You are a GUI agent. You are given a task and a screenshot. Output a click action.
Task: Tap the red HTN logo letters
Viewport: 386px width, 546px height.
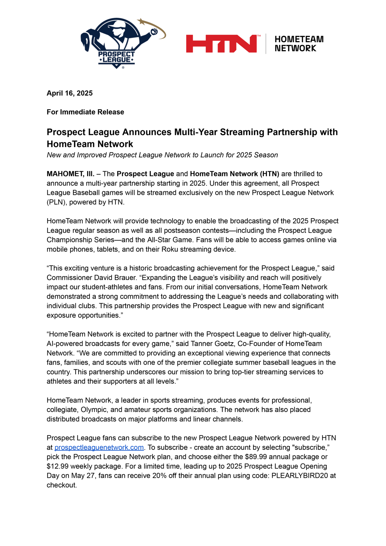coord(222,44)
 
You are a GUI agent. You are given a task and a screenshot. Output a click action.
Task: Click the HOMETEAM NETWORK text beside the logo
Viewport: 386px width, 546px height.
coord(299,44)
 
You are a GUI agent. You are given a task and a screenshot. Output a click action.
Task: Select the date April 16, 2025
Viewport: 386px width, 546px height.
coord(70,93)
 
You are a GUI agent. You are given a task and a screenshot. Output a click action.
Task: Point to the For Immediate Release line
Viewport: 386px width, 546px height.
coord(85,112)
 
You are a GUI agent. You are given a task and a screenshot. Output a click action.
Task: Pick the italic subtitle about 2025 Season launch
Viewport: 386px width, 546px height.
coord(162,155)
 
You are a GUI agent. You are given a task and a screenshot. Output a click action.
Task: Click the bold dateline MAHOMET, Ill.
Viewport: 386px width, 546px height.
coord(70,174)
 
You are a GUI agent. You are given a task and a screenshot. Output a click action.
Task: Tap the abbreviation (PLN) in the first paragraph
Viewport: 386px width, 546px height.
coord(55,202)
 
